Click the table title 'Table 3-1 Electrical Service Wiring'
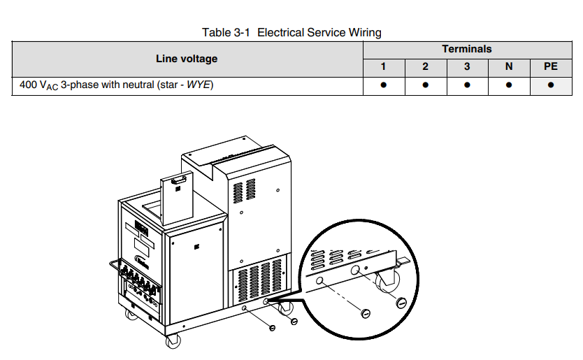pyautogui.click(x=291, y=32)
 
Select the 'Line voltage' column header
pyautogui.click(x=186, y=59)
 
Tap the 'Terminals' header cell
pyautogui.click(x=466, y=49)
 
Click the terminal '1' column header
pyautogui.click(x=383, y=67)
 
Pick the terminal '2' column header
pyautogui.click(x=425, y=67)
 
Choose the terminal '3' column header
pyautogui.click(x=467, y=67)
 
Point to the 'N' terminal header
pyautogui.click(x=509, y=67)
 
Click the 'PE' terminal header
pyautogui.click(x=550, y=67)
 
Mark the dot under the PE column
pyautogui.click(x=550, y=85)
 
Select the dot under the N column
pyautogui.click(x=509, y=85)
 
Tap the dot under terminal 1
pyautogui.click(x=383, y=85)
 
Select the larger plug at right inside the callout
pyautogui.click(x=401, y=303)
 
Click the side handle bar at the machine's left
pyautogui.click(x=114, y=266)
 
